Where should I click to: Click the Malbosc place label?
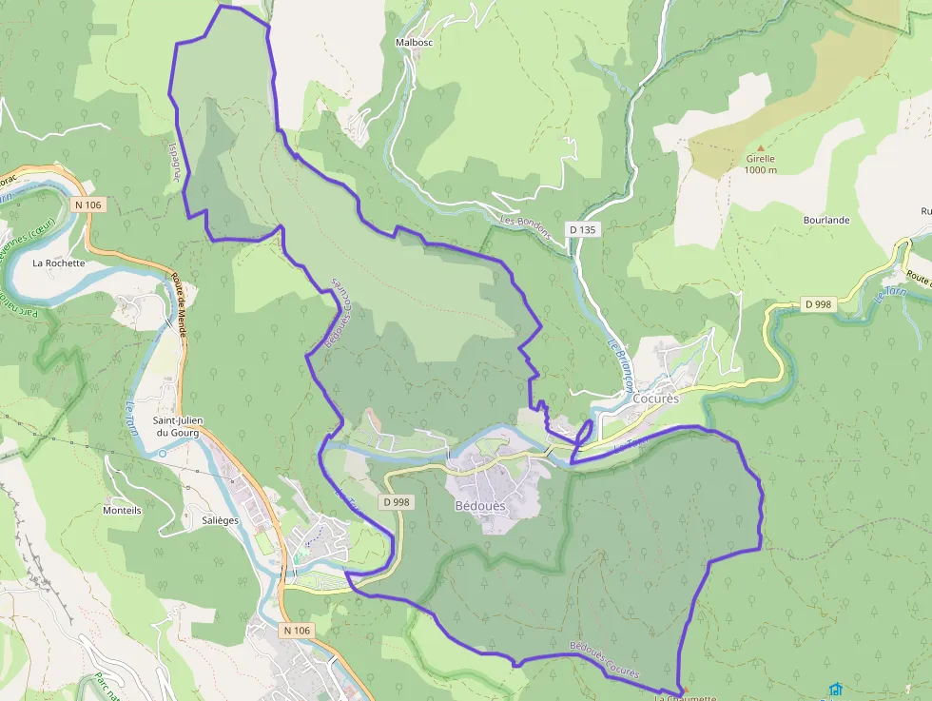click(x=415, y=43)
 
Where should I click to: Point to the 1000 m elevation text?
click(x=761, y=170)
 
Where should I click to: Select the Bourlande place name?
click(x=825, y=220)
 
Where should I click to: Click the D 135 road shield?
click(x=583, y=229)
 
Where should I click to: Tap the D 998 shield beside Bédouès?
click(x=398, y=502)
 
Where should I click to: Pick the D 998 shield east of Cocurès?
click(x=818, y=304)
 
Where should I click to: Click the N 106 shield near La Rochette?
click(x=88, y=204)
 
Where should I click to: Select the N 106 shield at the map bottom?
click(x=296, y=631)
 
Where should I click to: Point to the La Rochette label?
click(x=59, y=263)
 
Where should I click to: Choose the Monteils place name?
click(x=122, y=511)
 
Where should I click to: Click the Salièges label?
click(x=221, y=520)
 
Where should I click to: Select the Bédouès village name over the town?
click(x=493, y=506)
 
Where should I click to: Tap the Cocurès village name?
click(x=656, y=399)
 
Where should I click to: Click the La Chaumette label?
click(x=685, y=697)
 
